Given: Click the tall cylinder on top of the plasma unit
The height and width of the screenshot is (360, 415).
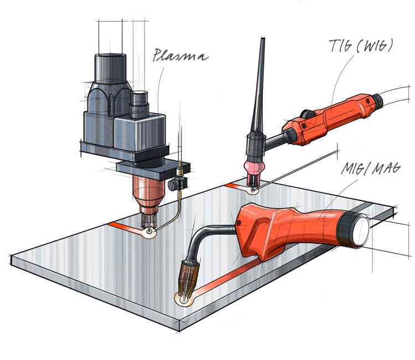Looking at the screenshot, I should coord(111,69).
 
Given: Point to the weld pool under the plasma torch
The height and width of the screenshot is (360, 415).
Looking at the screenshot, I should coord(148,234).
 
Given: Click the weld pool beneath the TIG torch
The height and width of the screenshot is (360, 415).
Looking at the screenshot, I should coord(254,191).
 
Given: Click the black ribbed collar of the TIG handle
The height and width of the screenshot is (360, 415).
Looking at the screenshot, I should coord(375,101).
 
